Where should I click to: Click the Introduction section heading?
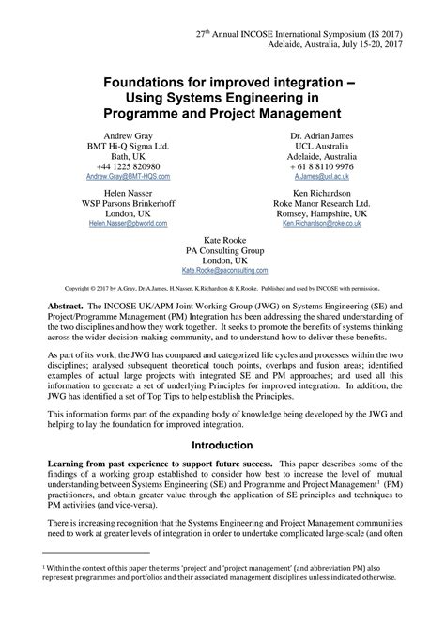[222, 445]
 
